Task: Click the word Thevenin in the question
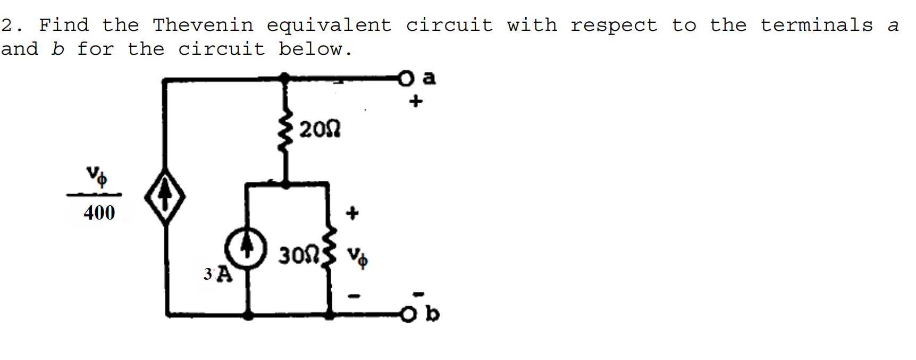point(203,25)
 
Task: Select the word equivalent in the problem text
point(329,26)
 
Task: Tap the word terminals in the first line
point(816,25)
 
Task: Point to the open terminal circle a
point(406,79)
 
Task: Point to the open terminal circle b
point(407,315)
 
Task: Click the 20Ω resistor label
point(320,129)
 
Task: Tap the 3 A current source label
point(218,274)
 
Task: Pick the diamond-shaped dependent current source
point(165,197)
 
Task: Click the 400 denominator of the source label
point(99,213)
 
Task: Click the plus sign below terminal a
point(416,101)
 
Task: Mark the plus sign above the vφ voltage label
point(352,213)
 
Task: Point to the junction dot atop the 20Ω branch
point(285,79)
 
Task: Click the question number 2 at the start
point(7,25)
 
